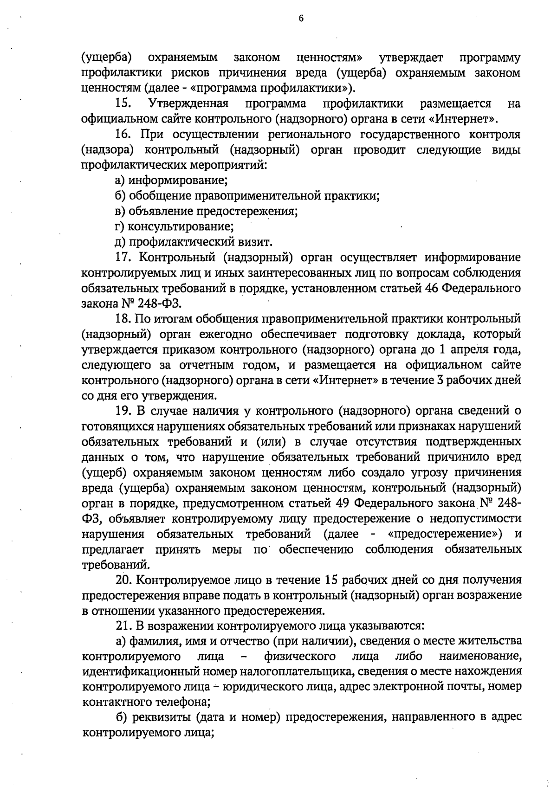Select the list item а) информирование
tap(171, 180)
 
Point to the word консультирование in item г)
tap(181, 226)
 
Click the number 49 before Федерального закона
tap(338, 503)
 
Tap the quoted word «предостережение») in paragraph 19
tap(445, 534)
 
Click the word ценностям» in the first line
tap(330, 58)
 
